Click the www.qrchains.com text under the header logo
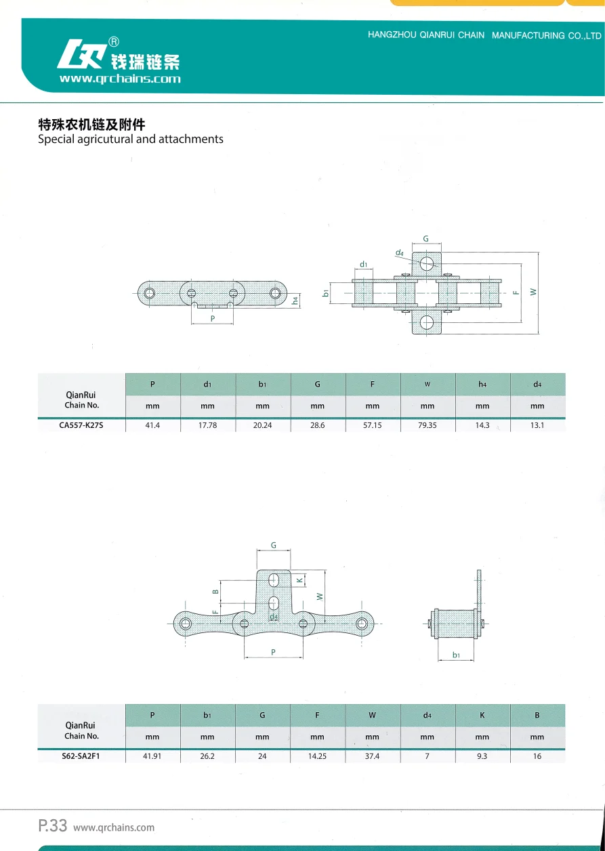point(120,79)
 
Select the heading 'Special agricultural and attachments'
point(130,139)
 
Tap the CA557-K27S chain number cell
point(82,426)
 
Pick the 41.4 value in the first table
point(152,426)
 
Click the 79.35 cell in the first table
point(427,426)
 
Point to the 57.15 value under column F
point(372,426)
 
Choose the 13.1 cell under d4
point(537,426)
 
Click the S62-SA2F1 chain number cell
point(81,756)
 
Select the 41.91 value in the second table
point(152,756)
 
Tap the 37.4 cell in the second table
point(372,756)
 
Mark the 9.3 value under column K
point(482,756)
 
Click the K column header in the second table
point(482,715)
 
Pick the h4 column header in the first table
point(482,385)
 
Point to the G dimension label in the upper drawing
point(425,239)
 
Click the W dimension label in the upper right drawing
point(533,292)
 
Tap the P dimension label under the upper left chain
point(212,318)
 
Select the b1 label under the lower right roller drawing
point(456,655)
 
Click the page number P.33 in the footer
point(52,826)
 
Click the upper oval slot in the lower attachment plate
point(274,580)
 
